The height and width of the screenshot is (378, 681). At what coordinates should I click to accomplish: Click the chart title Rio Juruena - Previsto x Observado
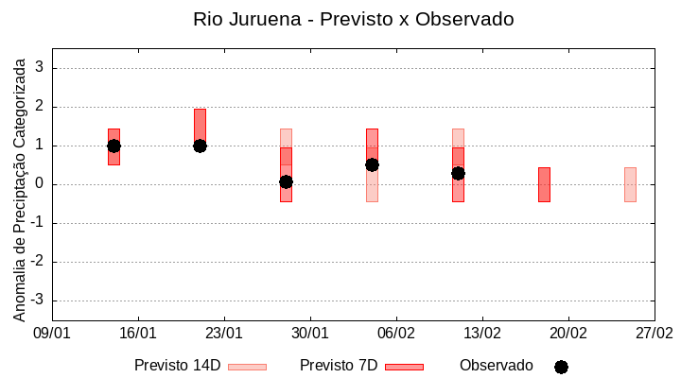point(353,19)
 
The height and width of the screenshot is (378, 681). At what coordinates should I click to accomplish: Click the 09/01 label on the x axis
point(52,333)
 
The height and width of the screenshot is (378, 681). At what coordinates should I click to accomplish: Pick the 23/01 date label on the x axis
point(224,333)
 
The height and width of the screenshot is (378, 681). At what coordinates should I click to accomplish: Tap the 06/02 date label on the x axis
point(396,333)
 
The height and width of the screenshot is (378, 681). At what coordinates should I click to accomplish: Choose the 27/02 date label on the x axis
point(655,333)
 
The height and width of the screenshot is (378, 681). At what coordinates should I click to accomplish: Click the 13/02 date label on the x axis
point(482,333)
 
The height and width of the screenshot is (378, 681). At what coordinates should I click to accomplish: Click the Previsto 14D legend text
point(177,366)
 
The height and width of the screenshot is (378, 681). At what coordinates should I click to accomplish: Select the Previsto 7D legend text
point(339,366)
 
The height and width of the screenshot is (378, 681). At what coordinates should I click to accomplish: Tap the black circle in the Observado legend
point(561,367)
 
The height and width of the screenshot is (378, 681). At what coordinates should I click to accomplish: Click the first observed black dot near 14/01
point(113,146)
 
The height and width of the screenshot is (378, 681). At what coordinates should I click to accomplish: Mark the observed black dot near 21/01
point(200,146)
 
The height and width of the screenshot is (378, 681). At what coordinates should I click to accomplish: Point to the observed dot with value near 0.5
point(372,164)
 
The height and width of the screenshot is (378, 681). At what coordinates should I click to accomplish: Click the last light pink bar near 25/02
point(630,184)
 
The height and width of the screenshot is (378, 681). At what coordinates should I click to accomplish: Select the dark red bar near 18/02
point(544,184)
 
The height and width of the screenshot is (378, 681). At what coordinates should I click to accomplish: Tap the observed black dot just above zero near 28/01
point(286,181)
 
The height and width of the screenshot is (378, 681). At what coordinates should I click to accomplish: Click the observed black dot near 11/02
point(458,173)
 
